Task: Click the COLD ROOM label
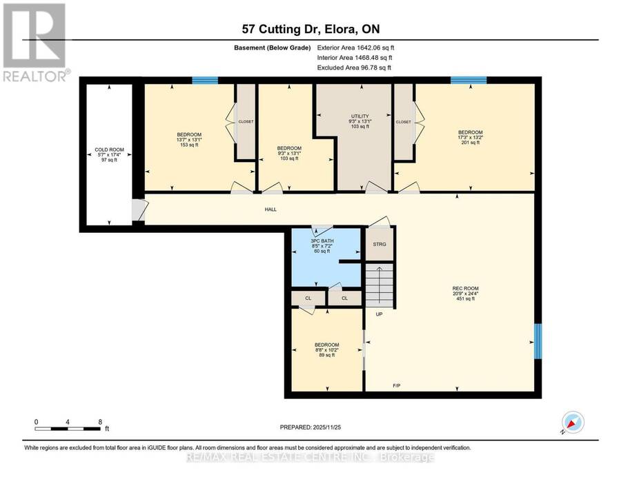(x=109, y=150)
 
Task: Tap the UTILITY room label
(x=360, y=116)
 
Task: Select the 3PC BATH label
(x=322, y=241)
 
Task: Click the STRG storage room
(x=379, y=244)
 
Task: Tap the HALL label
(x=271, y=210)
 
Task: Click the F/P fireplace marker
(x=397, y=385)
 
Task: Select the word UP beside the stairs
(x=379, y=314)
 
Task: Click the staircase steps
(x=379, y=285)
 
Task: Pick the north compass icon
(x=573, y=422)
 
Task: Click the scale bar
(x=68, y=429)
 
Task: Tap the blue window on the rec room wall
(x=538, y=341)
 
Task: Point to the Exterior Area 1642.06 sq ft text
(x=355, y=48)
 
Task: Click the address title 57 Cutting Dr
(x=279, y=29)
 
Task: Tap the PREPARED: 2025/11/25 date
(x=310, y=427)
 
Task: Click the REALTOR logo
(x=35, y=42)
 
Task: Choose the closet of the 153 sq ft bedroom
(x=246, y=121)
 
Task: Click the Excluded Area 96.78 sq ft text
(x=354, y=68)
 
